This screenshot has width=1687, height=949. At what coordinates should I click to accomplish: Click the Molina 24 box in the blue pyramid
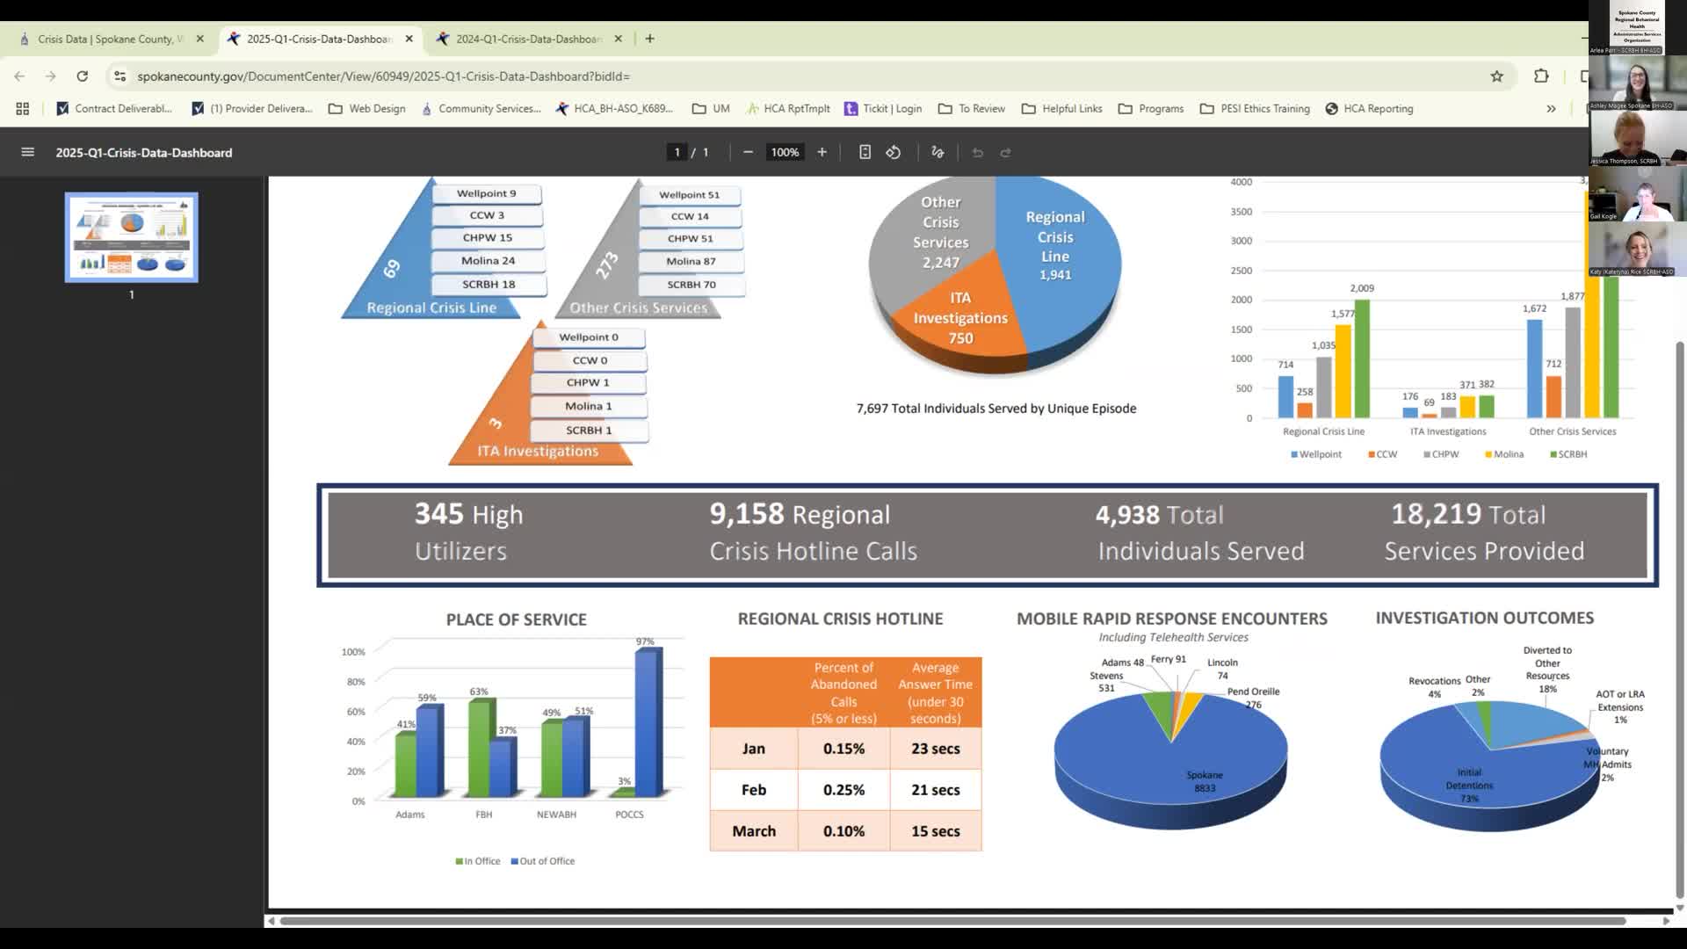488,261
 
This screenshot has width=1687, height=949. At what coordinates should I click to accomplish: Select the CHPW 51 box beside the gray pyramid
690,238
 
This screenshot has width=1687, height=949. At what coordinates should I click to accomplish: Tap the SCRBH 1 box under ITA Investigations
589,431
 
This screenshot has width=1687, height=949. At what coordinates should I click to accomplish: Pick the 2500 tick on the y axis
1241,271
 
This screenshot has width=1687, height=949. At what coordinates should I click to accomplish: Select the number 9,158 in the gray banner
746,514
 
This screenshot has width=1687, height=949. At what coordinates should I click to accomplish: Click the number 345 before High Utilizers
438,514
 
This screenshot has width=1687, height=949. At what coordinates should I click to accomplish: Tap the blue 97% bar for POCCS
648,722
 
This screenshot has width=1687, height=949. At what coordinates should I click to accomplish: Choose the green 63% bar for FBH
481,748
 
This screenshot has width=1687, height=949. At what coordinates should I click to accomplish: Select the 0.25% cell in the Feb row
843,790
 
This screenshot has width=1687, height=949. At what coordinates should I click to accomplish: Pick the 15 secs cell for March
935,831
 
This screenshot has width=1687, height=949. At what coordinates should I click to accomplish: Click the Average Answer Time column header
935,692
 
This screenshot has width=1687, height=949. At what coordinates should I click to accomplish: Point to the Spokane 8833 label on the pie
1204,781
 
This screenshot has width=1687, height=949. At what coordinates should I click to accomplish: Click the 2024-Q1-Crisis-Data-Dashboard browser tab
528,39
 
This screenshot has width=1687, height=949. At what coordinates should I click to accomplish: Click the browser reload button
83,76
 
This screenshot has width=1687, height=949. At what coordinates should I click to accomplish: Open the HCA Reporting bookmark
1369,109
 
